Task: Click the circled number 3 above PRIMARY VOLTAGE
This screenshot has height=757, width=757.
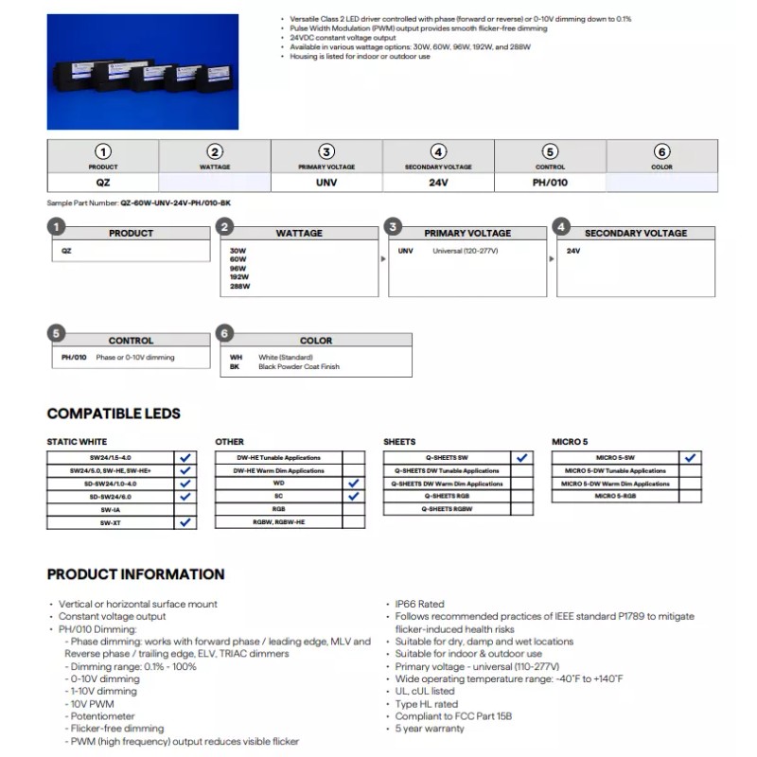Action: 326,151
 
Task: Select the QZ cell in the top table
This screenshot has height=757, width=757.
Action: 103,182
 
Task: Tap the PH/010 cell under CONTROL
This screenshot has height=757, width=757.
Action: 550,182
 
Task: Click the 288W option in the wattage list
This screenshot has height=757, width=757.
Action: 238,285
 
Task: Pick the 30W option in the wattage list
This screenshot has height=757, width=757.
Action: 238,251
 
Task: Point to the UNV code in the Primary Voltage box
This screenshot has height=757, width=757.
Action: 406,251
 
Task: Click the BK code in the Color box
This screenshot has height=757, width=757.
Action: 236,366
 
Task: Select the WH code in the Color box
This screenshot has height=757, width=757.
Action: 236,357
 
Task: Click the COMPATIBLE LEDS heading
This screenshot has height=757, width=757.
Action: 114,414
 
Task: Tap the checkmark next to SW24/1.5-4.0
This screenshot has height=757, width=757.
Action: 185,457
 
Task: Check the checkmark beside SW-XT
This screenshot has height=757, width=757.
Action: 185,522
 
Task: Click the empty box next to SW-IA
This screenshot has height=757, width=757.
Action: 185,509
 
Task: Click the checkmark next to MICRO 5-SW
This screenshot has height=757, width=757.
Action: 691,457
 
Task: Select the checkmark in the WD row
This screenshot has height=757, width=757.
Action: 354,483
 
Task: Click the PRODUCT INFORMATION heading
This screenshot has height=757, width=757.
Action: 135,574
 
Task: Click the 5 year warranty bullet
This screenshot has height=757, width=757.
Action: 431,729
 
